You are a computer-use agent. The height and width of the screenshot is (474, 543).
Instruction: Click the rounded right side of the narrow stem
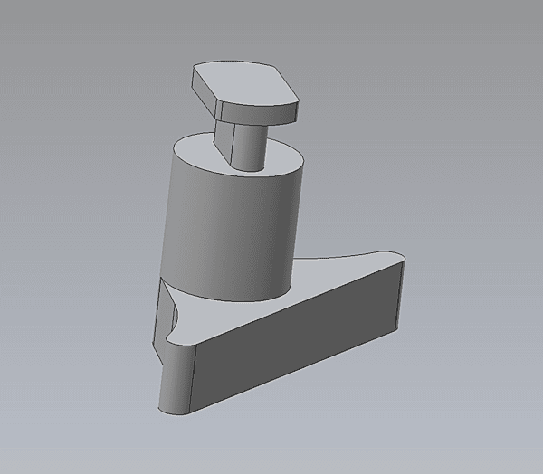coord(252,145)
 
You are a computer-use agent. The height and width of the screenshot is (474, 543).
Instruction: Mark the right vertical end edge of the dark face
coord(399,299)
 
